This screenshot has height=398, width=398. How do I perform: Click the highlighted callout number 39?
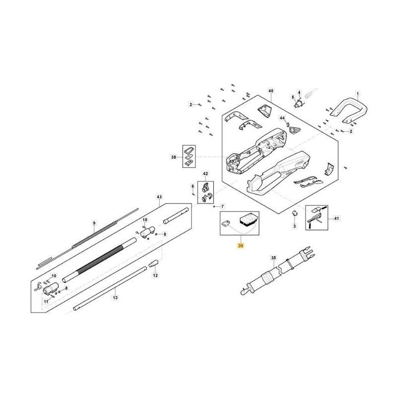(x=241, y=246)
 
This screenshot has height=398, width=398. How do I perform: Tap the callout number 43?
(x=159, y=197)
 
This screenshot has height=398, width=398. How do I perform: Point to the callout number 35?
(x=273, y=258)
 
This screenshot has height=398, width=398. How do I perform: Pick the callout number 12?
(x=155, y=275)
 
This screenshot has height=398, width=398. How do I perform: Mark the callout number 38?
(x=173, y=157)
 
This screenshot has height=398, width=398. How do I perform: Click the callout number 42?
(x=205, y=173)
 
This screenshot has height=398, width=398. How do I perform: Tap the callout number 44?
(x=282, y=118)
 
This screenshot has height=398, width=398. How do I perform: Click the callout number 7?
(x=222, y=206)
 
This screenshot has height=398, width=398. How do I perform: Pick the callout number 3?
(x=294, y=226)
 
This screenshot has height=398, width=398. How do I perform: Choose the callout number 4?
(x=299, y=92)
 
